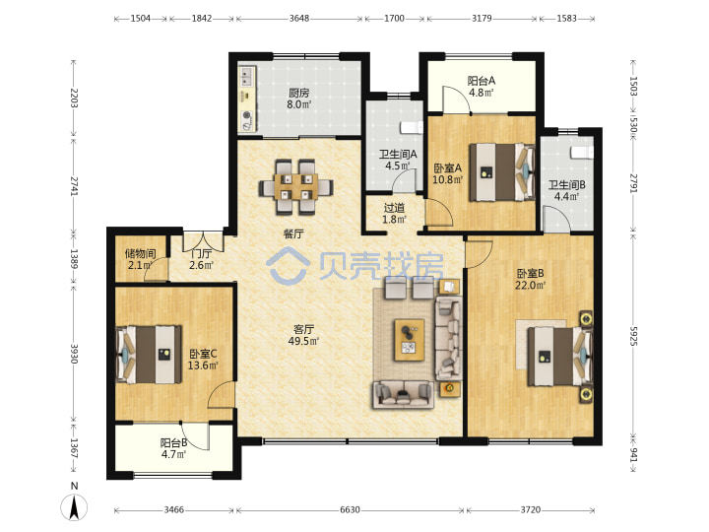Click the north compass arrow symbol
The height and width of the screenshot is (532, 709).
click(x=74, y=506)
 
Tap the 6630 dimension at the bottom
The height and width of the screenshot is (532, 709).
click(x=350, y=510)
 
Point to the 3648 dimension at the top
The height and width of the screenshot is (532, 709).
click(x=299, y=18)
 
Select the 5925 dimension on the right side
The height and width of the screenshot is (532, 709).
click(x=633, y=336)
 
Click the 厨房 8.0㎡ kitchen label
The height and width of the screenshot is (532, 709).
click(x=299, y=99)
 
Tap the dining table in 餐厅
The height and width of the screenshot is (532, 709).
click(x=296, y=186)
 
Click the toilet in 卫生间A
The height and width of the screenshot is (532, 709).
click(x=412, y=127)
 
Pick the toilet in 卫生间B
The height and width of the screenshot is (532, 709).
click(x=582, y=153)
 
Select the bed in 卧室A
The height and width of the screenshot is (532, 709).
click(x=502, y=171)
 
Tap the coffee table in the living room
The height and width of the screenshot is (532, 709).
click(x=410, y=340)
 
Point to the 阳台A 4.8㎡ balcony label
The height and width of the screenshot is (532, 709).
click(x=482, y=87)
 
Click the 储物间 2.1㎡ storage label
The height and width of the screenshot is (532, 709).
click(x=140, y=259)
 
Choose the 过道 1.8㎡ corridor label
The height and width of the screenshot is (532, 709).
click(x=394, y=214)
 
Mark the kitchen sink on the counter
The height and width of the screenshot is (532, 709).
click(x=246, y=77)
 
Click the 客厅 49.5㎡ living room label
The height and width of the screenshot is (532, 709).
click(x=303, y=335)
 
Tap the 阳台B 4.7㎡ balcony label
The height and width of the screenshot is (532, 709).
click(x=173, y=448)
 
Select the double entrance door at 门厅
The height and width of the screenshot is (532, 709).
click(x=203, y=242)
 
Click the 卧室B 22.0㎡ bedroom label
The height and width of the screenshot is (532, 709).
click(x=530, y=279)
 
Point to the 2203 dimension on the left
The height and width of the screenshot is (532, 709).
click(x=74, y=98)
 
